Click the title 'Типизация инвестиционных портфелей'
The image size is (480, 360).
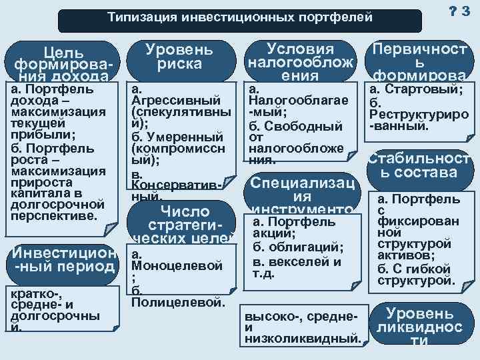tap(240, 17)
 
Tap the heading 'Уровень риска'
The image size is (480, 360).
tap(179, 57)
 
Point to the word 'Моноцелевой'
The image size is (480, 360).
tap(177, 266)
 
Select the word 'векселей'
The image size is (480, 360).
tap(305, 261)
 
